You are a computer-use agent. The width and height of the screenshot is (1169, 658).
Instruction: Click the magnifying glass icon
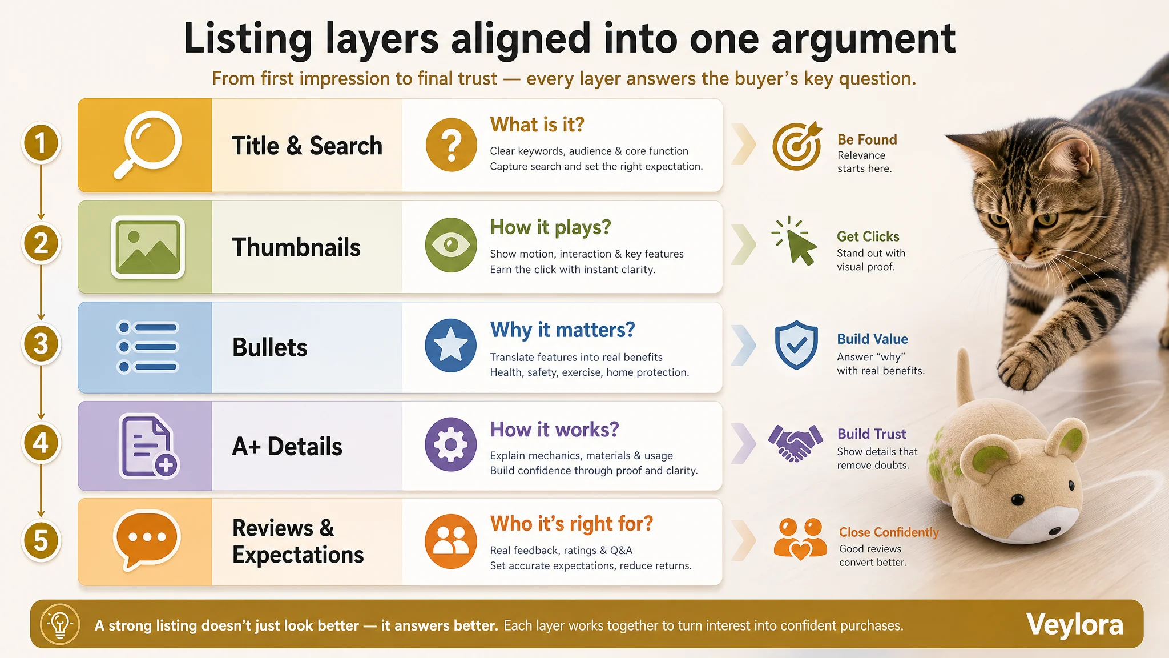click(x=147, y=145)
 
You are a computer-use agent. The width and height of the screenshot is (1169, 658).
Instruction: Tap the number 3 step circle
click(x=41, y=344)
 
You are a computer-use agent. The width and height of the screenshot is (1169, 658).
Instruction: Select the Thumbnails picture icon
click(x=148, y=247)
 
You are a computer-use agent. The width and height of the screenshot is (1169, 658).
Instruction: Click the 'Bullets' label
click(x=269, y=347)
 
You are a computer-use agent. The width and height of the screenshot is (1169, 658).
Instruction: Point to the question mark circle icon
click(x=451, y=145)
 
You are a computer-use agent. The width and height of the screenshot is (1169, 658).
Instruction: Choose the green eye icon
click(x=451, y=245)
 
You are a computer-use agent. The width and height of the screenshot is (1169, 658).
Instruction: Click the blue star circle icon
click(x=451, y=346)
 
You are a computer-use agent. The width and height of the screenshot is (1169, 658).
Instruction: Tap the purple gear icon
click(x=451, y=444)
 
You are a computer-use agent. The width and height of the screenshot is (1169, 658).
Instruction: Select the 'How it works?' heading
click(x=554, y=430)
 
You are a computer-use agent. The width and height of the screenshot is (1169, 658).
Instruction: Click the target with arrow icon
click(x=797, y=146)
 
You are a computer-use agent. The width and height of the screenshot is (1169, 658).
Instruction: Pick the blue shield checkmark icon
click(x=796, y=345)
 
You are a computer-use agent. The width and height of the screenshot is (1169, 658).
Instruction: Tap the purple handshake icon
click(x=796, y=443)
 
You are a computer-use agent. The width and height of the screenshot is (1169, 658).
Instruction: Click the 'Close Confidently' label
click(x=889, y=532)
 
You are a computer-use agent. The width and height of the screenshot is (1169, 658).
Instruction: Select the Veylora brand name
click(x=1075, y=624)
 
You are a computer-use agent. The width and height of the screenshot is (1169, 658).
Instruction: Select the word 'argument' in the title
click(x=864, y=39)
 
